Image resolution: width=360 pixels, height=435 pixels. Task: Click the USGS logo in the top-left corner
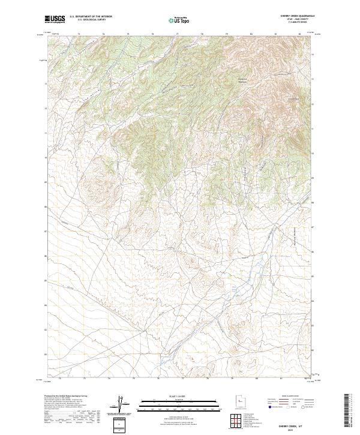[x=55, y=19]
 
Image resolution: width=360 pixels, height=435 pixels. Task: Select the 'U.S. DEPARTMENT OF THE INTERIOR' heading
[x=91, y=17]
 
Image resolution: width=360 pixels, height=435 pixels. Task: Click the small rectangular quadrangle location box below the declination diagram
[x=120, y=425]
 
